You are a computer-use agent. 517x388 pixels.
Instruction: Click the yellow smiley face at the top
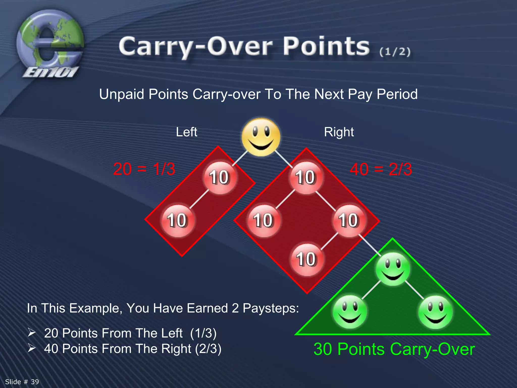tap(261, 137)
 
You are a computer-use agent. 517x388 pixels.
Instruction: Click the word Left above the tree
tap(186, 132)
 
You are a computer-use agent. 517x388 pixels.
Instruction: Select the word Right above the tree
tap(339, 132)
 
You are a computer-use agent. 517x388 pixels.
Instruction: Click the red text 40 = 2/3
tap(381, 169)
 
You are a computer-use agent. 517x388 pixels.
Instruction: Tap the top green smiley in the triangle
tap(393, 269)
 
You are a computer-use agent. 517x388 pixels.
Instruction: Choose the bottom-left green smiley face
tap(350, 312)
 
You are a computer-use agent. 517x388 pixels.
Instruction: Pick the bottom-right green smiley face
tap(435, 312)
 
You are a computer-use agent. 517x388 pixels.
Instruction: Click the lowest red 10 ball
tap(306, 259)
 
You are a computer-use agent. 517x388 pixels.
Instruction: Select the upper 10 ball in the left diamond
tap(220, 177)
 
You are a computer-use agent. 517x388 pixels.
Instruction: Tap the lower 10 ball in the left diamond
tap(177, 221)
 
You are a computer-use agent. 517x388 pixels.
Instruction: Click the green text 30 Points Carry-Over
tap(394, 349)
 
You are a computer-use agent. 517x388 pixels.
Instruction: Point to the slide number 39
tap(22, 382)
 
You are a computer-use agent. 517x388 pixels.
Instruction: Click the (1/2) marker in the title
tap(395, 52)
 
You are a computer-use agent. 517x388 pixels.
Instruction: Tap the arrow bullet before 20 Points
tap(32, 332)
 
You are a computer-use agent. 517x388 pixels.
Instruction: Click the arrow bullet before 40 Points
tap(32, 348)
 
